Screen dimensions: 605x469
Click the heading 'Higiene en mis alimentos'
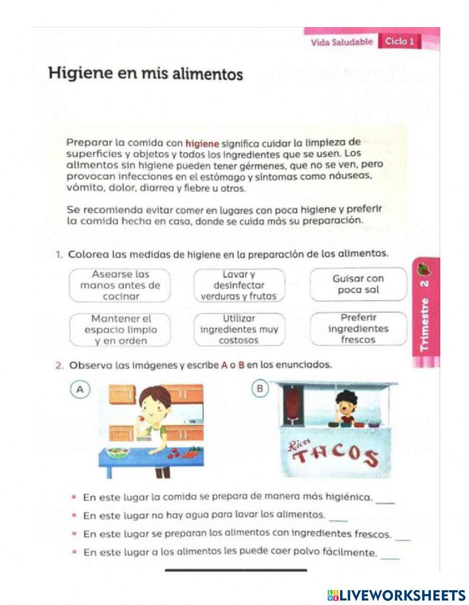pyautogui.click(x=146, y=74)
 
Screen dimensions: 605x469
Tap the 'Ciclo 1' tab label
pyautogui.click(x=400, y=41)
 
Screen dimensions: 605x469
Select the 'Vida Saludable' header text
pyautogui.click(x=341, y=42)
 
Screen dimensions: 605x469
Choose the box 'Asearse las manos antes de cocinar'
pyautogui.click(x=120, y=285)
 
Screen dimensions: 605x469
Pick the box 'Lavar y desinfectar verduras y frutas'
pyautogui.click(x=239, y=285)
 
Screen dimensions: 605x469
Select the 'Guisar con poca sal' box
pyautogui.click(x=358, y=284)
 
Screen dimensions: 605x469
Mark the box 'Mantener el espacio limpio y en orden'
pyautogui.click(x=121, y=329)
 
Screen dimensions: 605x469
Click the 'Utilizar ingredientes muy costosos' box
pyautogui.click(x=239, y=329)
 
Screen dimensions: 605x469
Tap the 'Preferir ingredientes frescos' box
pyautogui.click(x=358, y=329)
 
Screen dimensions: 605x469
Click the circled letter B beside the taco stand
pyautogui.click(x=260, y=388)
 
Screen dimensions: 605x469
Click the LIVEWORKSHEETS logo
pyautogui.click(x=396, y=595)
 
